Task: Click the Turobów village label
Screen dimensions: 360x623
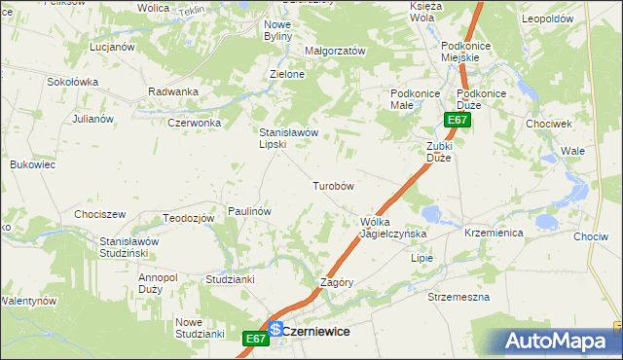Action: point(332,186)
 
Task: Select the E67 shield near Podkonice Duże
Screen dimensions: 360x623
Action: point(458,121)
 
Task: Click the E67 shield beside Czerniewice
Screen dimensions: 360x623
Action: point(255,339)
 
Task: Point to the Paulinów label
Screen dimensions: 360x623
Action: point(248,211)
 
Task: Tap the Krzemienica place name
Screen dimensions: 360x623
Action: point(495,234)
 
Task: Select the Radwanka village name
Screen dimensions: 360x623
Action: point(173,91)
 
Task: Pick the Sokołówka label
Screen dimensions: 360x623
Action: point(73,82)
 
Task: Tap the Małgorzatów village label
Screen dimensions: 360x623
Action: point(335,51)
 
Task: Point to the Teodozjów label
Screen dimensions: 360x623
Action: point(189,218)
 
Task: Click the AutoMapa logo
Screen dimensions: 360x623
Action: point(562,341)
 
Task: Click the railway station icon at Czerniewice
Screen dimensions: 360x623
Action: point(275,330)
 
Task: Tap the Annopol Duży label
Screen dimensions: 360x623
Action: point(158,283)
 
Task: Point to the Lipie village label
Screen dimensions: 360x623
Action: point(421,259)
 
